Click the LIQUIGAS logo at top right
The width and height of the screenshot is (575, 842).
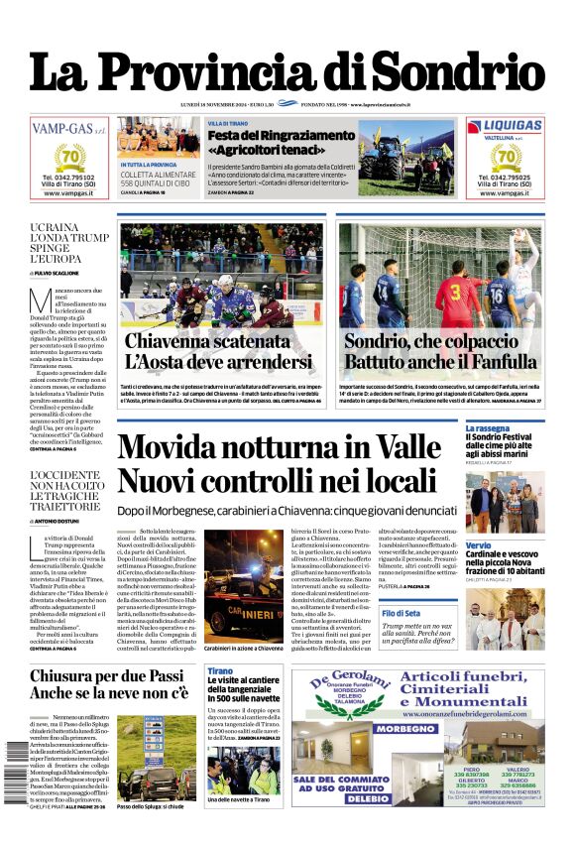tap(504, 126)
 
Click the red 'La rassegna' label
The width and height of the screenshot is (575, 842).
tap(487, 428)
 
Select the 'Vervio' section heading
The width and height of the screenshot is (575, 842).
tap(478, 545)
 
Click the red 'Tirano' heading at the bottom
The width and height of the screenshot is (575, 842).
tap(219, 671)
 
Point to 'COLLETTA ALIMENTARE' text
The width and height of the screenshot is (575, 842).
tap(158, 173)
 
